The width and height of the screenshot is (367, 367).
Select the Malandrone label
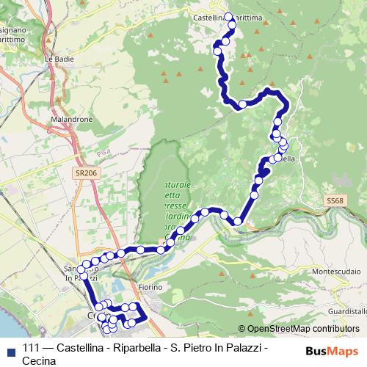[70, 117]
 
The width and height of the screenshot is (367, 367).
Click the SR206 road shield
[85, 172]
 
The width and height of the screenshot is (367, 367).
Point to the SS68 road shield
[334, 200]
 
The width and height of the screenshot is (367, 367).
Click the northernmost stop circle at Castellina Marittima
[228, 16]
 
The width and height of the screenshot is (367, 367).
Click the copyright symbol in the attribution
[242, 329]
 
